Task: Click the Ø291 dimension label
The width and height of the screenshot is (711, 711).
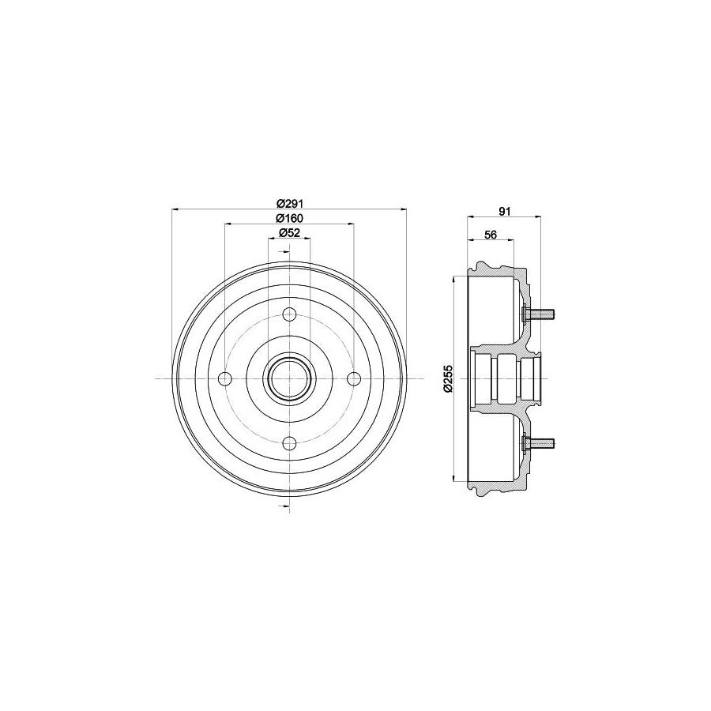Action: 290,203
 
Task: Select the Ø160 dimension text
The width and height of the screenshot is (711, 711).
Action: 290,218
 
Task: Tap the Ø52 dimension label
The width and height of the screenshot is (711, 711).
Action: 290,232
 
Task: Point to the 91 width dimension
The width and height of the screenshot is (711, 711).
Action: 506,210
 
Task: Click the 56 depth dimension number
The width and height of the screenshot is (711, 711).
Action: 490,235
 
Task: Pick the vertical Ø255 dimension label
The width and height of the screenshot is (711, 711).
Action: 446,378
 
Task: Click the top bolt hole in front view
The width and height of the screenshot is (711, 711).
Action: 289,314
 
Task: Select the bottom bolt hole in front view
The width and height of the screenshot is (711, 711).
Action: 289,442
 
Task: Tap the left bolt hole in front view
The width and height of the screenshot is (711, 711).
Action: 225,378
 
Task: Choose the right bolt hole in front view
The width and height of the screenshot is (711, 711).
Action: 353,378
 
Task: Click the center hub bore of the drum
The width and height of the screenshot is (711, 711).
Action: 289,378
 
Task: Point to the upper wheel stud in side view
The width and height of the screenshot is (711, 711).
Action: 542,315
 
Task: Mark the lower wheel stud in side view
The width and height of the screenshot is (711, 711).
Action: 542,442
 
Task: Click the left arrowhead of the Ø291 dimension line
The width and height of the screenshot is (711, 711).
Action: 175,209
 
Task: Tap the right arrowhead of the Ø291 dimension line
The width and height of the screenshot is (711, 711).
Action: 403,209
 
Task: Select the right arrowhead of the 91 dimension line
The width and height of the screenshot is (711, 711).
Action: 539,217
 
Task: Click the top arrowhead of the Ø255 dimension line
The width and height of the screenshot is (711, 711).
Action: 454,279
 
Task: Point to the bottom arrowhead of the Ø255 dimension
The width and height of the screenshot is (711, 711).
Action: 454,478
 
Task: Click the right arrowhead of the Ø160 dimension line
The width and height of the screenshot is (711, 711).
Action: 350,224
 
